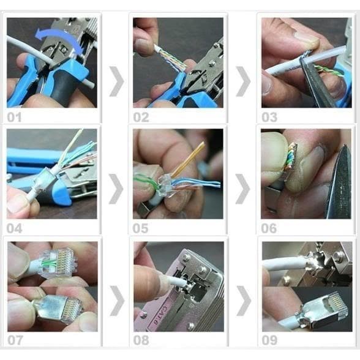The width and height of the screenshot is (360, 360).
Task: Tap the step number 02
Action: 141,116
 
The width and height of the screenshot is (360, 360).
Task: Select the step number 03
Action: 269,116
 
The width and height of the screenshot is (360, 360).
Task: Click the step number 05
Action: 141,228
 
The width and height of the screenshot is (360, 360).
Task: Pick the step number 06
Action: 269,228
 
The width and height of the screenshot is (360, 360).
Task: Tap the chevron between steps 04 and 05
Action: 116,188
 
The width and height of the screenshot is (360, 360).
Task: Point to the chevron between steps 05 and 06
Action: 244,188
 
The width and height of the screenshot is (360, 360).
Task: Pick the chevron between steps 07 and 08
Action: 116,301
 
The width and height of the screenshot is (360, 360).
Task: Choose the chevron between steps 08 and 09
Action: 244,301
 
